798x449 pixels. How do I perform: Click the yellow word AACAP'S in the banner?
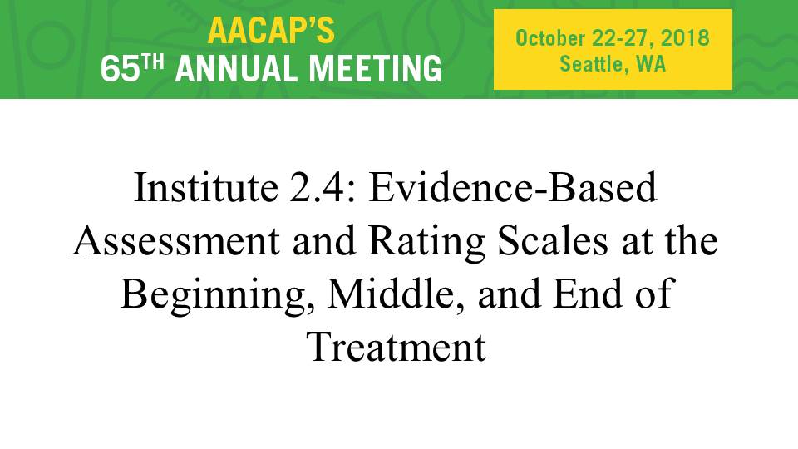pos(271,31)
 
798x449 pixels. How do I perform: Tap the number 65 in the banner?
pos(120,69)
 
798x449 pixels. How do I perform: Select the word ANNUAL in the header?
pos(238,69)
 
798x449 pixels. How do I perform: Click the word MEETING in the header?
pos(376,69)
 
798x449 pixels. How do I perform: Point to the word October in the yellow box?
pos(550,38)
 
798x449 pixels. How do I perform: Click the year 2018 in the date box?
pos(685,38)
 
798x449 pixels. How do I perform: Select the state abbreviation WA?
pos(651,64)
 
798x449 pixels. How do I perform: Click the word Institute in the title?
pos(205,187)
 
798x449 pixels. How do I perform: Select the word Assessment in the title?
pos(176,241)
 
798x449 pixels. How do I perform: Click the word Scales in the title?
pos(553,240)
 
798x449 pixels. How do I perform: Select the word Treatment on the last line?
pos(397,347)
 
